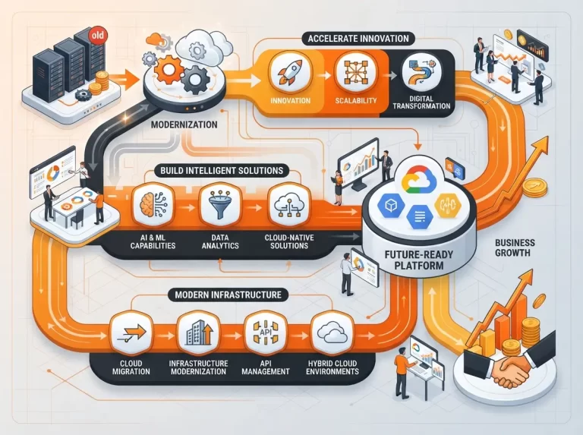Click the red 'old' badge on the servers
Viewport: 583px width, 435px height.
click(x=98, y=36)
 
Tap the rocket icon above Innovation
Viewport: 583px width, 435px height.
click(x=291, y=73)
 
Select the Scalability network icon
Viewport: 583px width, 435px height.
click(x=355, y=72)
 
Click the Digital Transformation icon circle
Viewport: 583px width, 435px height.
click(x=421, y=72)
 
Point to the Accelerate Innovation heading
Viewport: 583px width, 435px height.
click(x=358, y=39)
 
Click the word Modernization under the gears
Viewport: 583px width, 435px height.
click(x=184, y=125)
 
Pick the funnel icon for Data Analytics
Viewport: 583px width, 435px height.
click(x=220, y=204)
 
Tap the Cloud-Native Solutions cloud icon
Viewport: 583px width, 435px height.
click(x=289, y=204)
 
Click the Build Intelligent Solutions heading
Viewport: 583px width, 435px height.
click(x=222, y=171)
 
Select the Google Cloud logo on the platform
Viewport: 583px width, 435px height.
click(x=419, y=179)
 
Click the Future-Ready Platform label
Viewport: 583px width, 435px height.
click(x=419, y=260)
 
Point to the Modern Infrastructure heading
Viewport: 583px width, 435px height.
click(x=228, y=295)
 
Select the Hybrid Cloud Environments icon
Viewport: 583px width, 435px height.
click(x=332, y=333)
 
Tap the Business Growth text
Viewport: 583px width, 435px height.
click(x=515, y=247)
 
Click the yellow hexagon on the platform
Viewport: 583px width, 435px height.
click(x=447, y=205)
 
